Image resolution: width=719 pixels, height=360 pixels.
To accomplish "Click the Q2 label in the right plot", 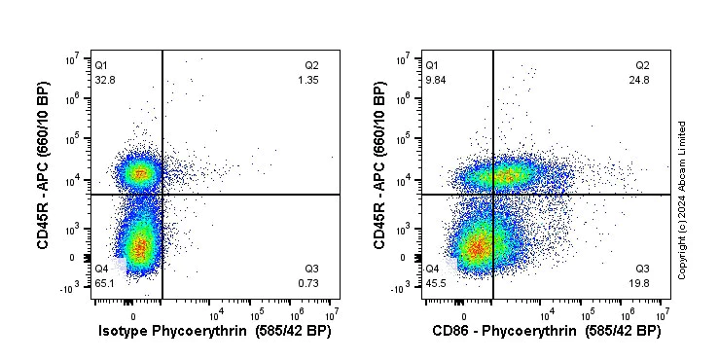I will click(642, 65).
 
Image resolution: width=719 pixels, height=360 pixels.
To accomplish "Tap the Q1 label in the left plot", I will click(101, 65).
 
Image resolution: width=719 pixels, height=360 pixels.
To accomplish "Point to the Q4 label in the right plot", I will click(432, 269).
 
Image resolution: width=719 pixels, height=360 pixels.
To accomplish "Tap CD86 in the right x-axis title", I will click(450, 331).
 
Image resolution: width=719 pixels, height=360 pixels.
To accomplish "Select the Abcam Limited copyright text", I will click(682, 199).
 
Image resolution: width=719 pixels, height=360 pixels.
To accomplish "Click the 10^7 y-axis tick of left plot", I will click(72, 60).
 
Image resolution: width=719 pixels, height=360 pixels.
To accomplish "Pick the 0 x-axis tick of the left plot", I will click(133, 316).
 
